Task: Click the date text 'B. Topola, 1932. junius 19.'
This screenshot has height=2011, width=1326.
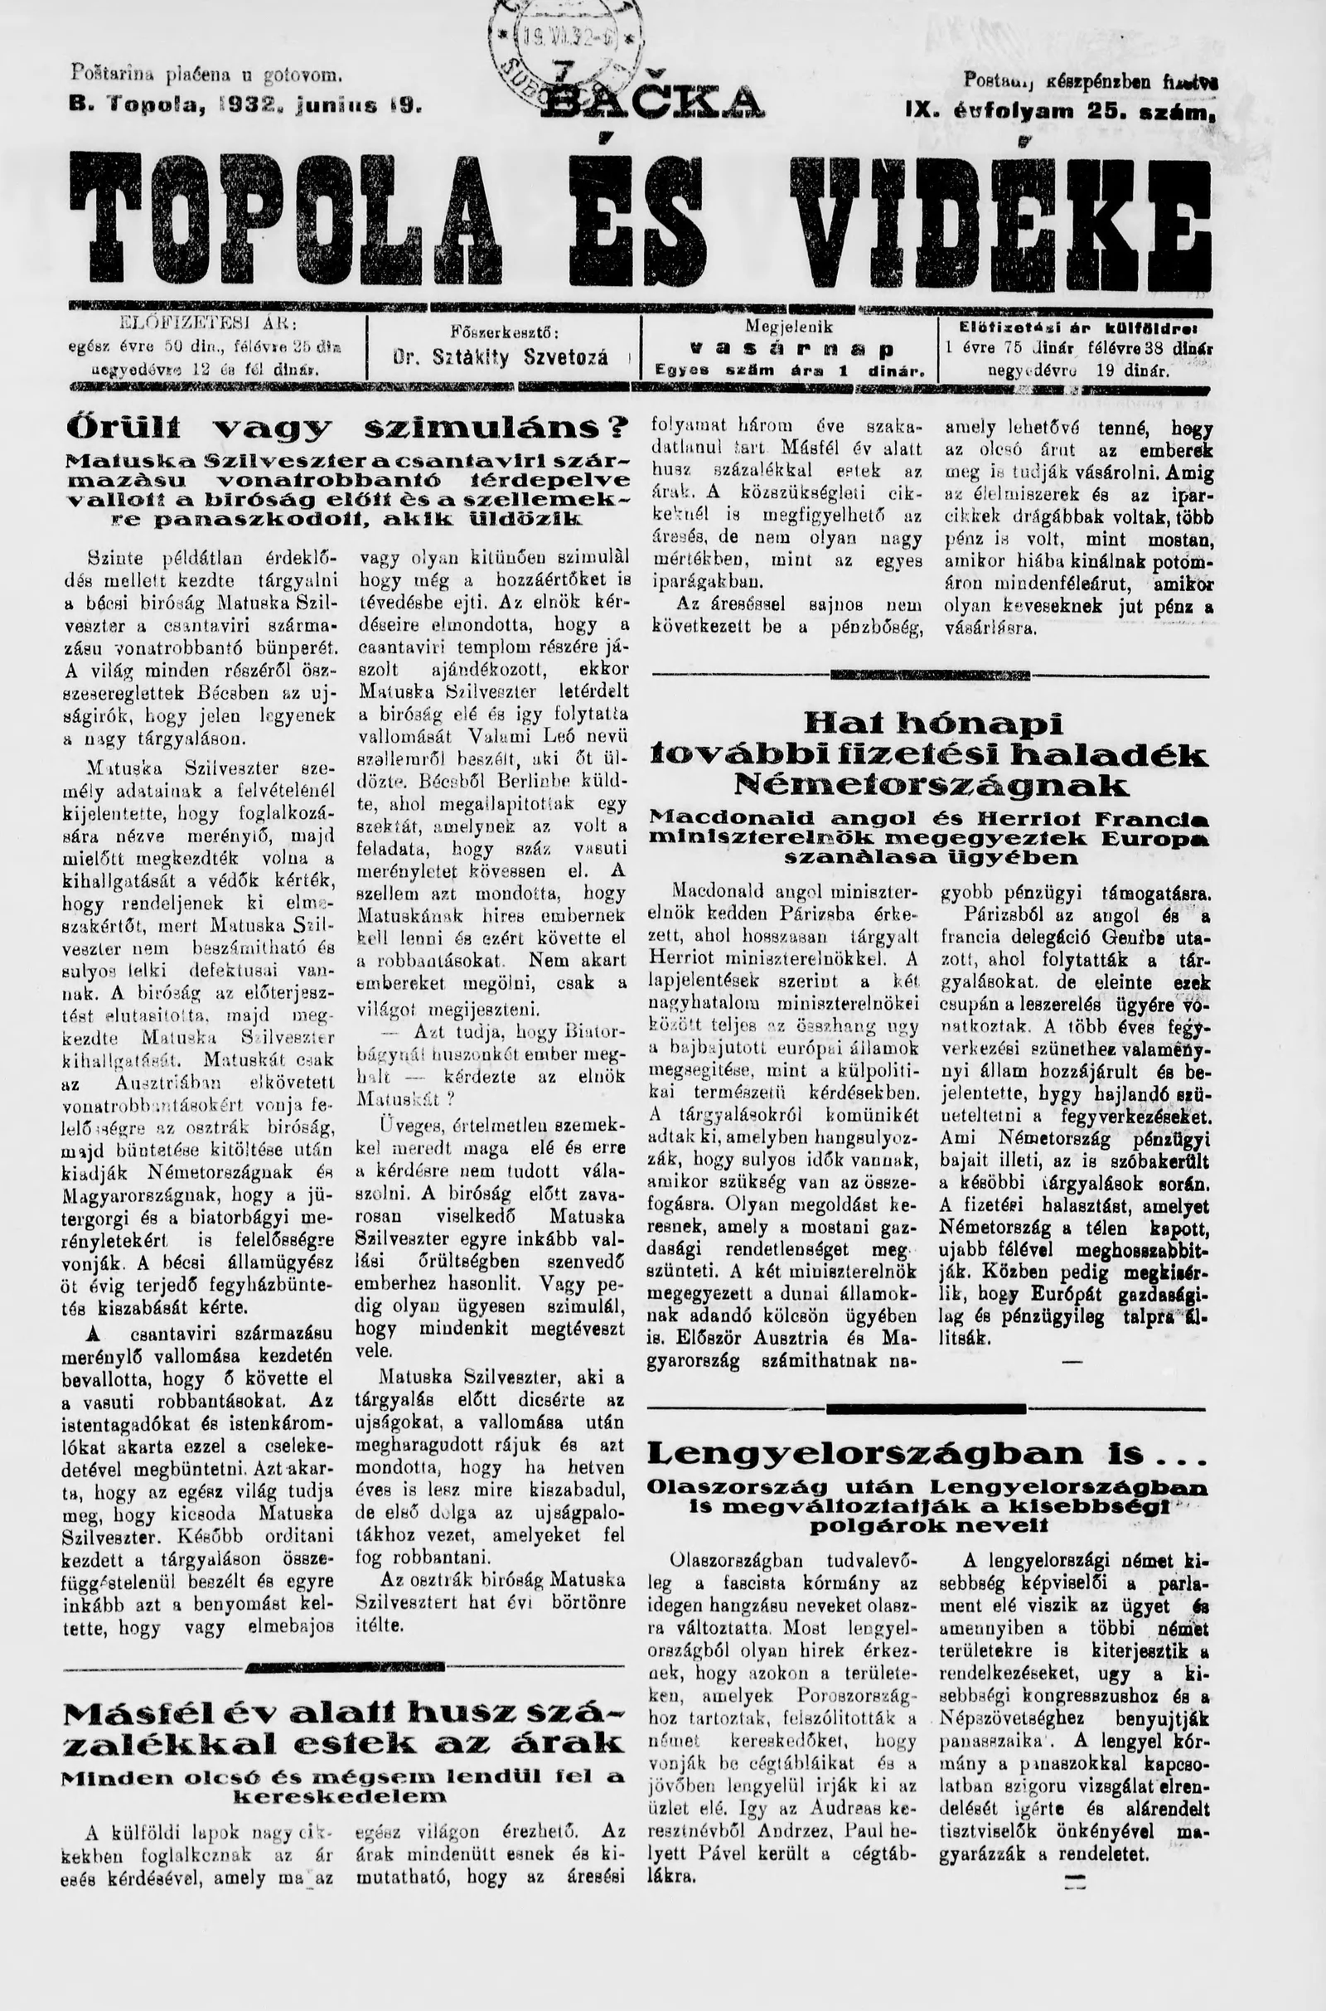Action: click(244, 108)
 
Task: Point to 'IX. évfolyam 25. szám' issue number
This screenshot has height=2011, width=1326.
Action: click(1060, 111)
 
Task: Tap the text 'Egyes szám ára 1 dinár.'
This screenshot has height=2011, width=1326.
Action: click(788, 371)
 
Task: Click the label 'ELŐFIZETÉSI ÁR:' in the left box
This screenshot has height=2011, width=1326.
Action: click(204, 324)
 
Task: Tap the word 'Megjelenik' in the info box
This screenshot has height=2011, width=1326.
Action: click(788, 326)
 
